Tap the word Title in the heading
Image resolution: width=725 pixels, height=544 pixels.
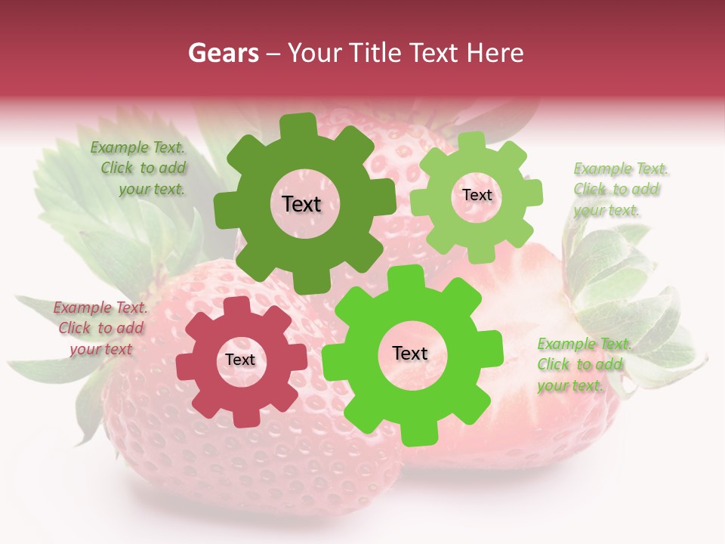coord(375,53)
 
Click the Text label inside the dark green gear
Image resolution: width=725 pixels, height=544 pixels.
coord(301,204)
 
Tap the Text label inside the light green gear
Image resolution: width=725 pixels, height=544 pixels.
coord(477,195)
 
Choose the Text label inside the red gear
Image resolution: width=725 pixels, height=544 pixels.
coord(240,360)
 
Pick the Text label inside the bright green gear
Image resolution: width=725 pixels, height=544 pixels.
coord(410,354)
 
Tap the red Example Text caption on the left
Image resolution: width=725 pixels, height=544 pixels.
coord(100,328)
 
